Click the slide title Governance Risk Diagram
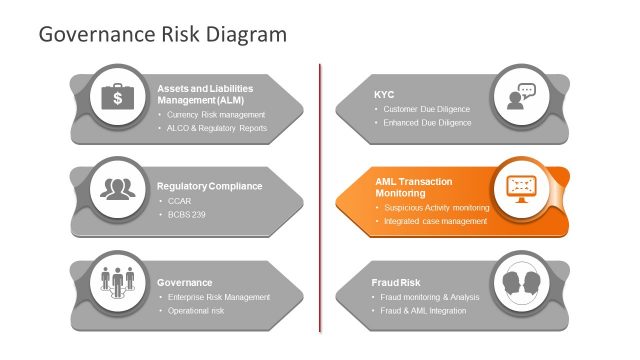point(162,34)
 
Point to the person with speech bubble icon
point(521,97)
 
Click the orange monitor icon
point(520,188)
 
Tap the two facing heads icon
point(520,280)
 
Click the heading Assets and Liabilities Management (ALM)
point(205,94)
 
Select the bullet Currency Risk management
point(216,114)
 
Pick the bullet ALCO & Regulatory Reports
point(217,128)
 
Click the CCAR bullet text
point(180,201)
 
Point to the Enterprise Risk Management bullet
point(219,297)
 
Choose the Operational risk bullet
point(195,311)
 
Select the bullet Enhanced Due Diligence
point(427,123)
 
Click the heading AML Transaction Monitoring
point(413,187)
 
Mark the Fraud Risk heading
point(396,282)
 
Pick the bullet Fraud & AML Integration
point(425,311)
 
